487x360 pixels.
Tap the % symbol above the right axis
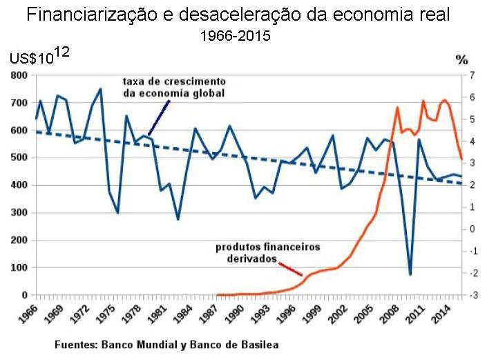(462, 60)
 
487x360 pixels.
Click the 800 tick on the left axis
(18, 75)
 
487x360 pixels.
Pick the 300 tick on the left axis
(18, 213)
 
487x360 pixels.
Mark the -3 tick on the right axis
(472, 296)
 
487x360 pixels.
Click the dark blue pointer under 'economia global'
(158, 117)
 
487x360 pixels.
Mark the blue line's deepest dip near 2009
(410, 274)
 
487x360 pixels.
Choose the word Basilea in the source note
(261, 343)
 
